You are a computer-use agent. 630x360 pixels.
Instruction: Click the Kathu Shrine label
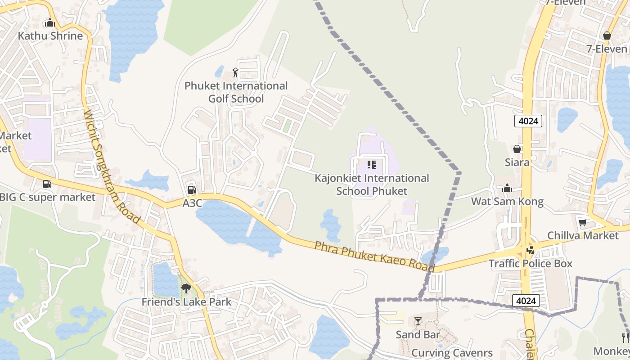(x=50, y=36)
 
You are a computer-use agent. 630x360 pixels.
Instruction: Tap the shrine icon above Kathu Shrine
(x=49, y=22)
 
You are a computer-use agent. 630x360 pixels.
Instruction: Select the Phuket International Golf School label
(x=236, y=92)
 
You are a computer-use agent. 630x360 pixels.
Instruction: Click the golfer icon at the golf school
(x=235, y=72)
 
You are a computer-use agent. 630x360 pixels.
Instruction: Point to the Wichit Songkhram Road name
(x=112, y=166)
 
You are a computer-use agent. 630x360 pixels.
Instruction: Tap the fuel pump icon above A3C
(x=192, y=190)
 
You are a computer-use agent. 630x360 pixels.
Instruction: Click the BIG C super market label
(x=47, y=197)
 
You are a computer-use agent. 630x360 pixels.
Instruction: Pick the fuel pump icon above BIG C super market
(x=47, y=184)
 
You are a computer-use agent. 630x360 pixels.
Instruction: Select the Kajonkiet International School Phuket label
(x=372, y=184)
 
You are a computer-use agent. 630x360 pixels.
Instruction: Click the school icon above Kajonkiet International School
(x=371, y=165)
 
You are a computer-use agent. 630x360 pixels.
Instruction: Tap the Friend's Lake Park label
(x=186, y=302)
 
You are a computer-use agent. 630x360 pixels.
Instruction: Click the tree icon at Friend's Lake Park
(x=186, y=288)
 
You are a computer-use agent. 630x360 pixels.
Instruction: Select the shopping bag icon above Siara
(x=517, y=148)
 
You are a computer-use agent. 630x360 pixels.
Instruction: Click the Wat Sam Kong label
(x=507, y=201)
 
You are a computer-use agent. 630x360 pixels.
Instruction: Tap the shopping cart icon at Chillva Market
(x=582, y=222)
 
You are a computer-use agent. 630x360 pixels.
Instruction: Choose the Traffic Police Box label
(x=531, y=263)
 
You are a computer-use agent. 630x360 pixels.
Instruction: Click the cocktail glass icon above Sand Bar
(x=418, y=321)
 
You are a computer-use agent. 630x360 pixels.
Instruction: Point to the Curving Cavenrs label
(x=452, y=353)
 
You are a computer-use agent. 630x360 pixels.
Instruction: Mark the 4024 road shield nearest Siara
(x=528, y=121)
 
